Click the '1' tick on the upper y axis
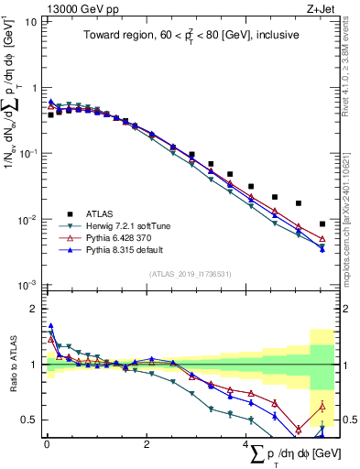pos(34,88)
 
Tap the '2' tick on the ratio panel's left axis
pos(34,309)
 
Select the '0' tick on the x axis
pos(47,445)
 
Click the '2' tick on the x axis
pos(147,445)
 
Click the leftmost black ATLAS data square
pos(51,115)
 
